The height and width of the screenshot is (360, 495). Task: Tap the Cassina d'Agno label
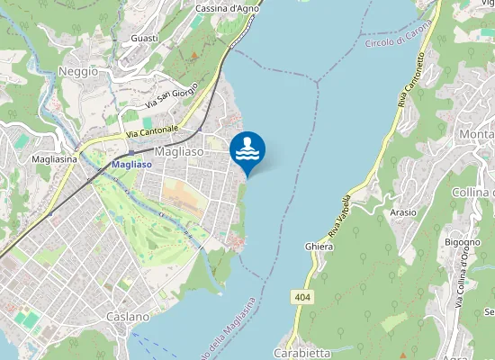click(228, 8)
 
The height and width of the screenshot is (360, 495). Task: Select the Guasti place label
click(144, 38)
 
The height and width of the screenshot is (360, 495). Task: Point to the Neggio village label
click(78, 71)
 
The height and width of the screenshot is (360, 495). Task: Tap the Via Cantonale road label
click(152, 131)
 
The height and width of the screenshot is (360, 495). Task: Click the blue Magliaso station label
click(131, 165)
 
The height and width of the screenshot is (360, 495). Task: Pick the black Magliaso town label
click(180, 152)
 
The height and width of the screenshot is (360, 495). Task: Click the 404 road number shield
click(301, 296)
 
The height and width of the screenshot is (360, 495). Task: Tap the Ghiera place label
click(319, 246)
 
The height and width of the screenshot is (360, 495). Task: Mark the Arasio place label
click(403, 212)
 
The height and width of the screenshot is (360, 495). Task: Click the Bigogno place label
click(463, 242)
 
